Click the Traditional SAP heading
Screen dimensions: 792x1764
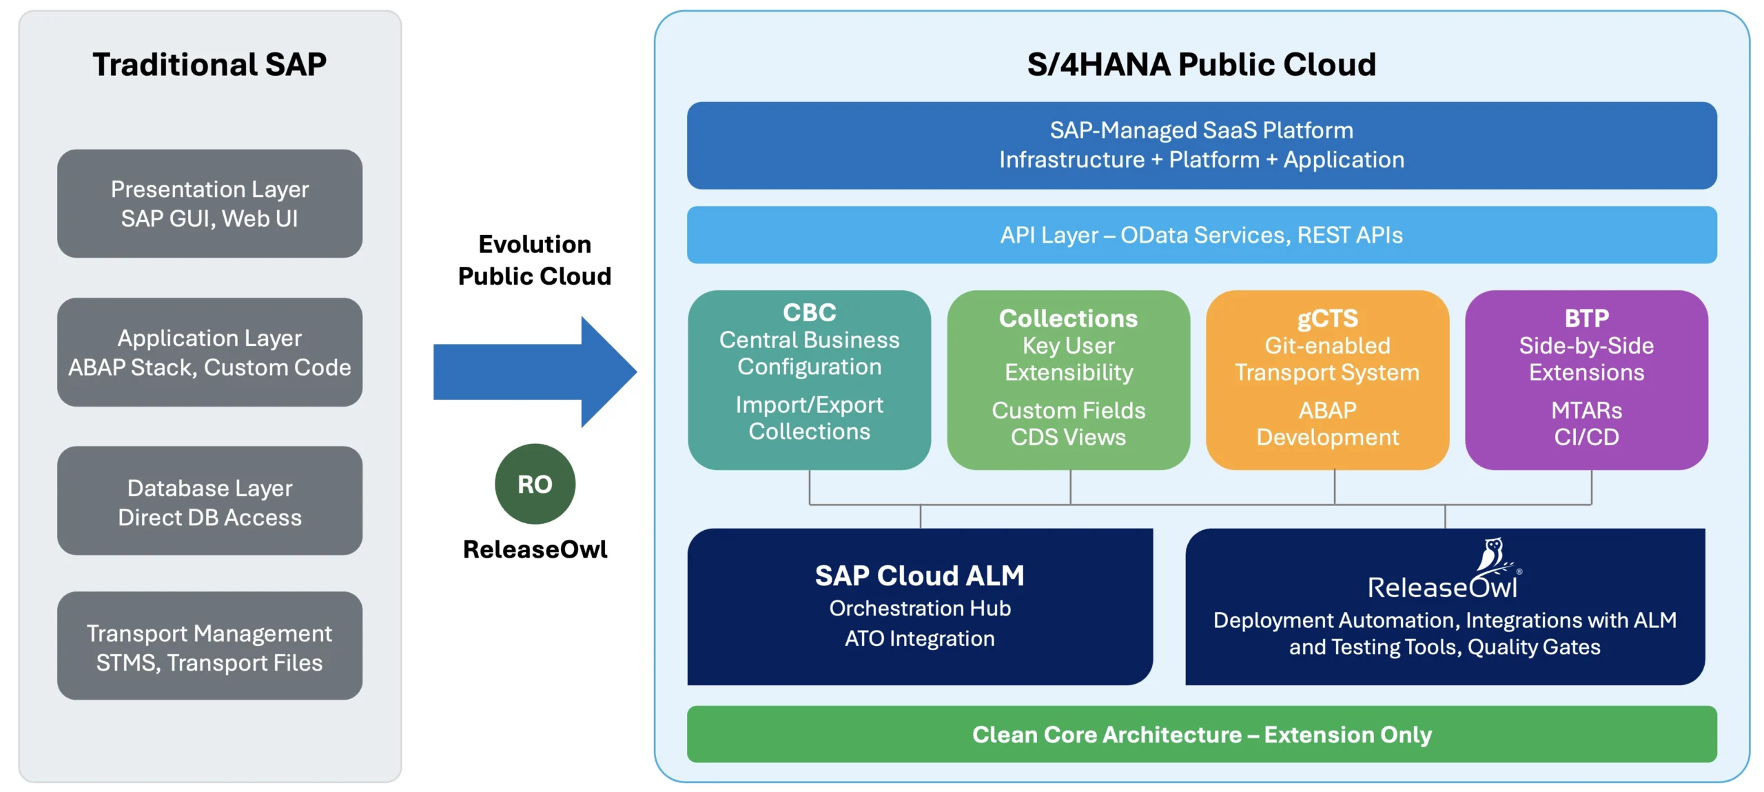[209, 65]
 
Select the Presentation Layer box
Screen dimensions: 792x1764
[209, 203]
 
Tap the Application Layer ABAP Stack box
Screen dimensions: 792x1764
[209, 352]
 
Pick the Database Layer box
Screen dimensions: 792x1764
[209, 502]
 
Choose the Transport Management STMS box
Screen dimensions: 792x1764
[209, 647]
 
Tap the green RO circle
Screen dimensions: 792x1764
[535, 484]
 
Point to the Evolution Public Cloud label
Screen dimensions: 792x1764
[535, 260]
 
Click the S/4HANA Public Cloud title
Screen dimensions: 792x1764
[1201, 65]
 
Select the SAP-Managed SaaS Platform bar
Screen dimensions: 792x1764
[1201, 145]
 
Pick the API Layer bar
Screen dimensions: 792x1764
[1201, 235]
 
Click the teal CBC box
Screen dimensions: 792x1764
[809, 379]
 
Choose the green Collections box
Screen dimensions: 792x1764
[1068, 379]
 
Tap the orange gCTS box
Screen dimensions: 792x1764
[1327, 379]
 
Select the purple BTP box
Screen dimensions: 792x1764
[1586, 379]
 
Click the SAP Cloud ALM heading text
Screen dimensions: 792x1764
[919, 576]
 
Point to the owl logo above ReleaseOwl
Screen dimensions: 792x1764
[1493, 556]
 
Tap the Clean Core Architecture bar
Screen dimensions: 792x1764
[1201, 734]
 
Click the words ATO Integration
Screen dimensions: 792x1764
[919, 639]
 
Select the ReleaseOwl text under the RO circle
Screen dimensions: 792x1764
[535, 549]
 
